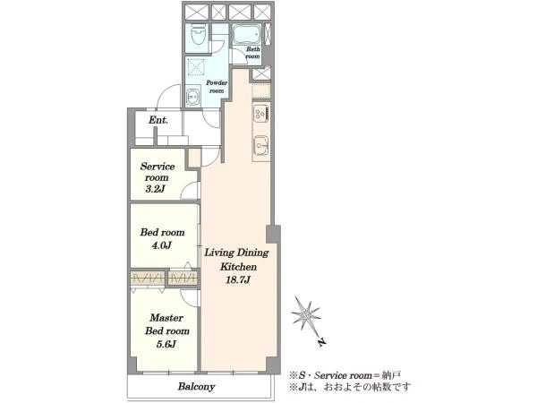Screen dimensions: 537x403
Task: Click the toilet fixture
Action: (198, 34)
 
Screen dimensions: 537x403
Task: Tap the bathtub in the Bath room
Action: (247, 35)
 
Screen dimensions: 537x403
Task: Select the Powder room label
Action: (217, 87)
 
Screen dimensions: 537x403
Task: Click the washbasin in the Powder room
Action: (192, 97)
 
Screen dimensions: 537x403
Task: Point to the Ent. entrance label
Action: (158, 120)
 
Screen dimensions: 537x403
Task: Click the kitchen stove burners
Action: (261, 113)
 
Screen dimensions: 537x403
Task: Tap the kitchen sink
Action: (261, 144)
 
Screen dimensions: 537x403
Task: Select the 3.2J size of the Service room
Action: (156, 189)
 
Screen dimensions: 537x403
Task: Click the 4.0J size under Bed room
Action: (161, 245)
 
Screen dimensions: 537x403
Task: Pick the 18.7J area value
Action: (238, 280)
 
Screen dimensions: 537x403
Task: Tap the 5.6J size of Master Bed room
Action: (166, 344)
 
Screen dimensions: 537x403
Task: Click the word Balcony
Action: (196, 387)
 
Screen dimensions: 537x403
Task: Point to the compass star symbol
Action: (306, 314)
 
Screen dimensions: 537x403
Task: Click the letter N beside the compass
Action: (321, 342)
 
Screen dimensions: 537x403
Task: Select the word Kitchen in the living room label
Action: (238, 266)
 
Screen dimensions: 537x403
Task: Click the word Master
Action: (166, 318)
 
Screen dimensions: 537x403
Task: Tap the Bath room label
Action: (252, 53)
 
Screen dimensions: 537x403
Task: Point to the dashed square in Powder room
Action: (197, 66)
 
